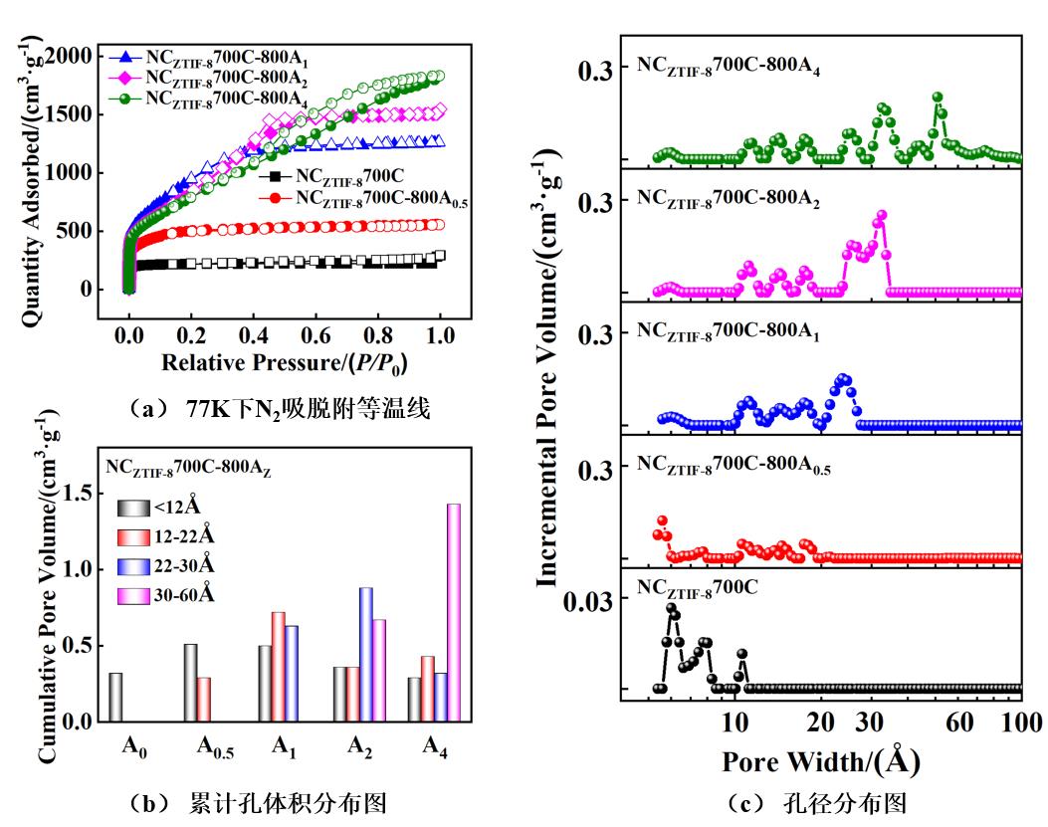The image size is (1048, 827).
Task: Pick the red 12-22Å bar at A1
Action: (279, 667)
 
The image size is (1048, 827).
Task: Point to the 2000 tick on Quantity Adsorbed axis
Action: (71, 55)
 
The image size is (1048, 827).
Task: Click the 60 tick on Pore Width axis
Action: (960, 722)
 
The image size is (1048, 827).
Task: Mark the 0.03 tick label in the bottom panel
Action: (591, 599)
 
